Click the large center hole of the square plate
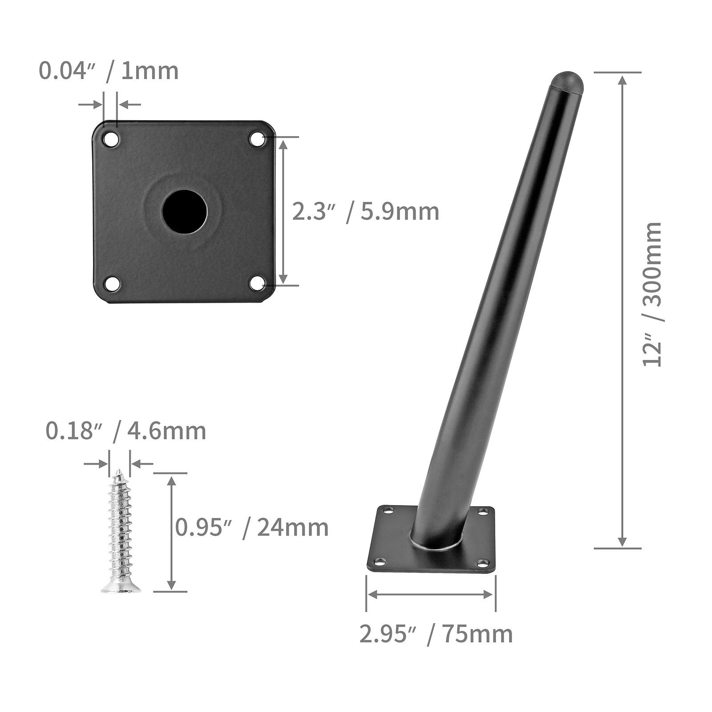pos(185,212)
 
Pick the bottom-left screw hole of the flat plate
pos(111,283)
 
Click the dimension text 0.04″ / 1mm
pos(109,71)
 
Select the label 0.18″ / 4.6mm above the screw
pos(126,431)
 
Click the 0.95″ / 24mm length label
pos(251,528)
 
